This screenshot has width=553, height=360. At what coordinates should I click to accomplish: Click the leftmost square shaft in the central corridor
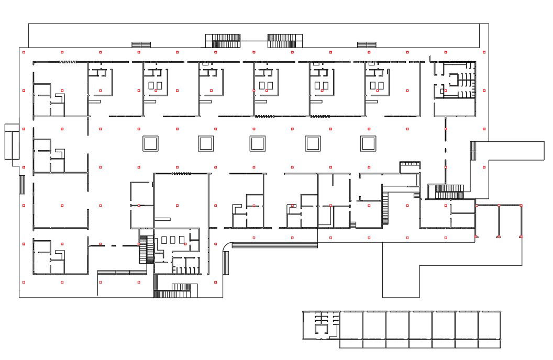(x=150, y=143)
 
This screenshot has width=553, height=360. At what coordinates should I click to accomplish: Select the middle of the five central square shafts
(x=257, y=143)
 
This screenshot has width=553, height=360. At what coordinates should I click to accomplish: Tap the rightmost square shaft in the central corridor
(x=368, y=143)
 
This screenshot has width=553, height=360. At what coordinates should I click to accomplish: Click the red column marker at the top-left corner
(x=24, y=52)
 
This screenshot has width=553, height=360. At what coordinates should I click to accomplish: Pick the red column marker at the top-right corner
(x=484, y=52)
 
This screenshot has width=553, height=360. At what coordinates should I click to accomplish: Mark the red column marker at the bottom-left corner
(x=24, y=282)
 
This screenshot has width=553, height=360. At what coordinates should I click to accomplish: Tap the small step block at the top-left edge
(x=141, y=44)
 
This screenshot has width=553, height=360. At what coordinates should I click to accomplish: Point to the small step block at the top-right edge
(x=367, y=44)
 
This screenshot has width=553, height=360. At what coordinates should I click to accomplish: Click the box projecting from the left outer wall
(x=12, y=142)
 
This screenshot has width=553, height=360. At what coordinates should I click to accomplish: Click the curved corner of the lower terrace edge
(x=227, y=246)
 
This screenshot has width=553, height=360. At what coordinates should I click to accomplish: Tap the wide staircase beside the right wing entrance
(x=446, y=192)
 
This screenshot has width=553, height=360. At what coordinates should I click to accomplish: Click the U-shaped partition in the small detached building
(x=320, y=328)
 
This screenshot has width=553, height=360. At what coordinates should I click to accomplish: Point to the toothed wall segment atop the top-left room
(x=68, y=62)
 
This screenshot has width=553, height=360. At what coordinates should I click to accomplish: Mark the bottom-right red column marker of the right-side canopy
(x=521, y=237)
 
